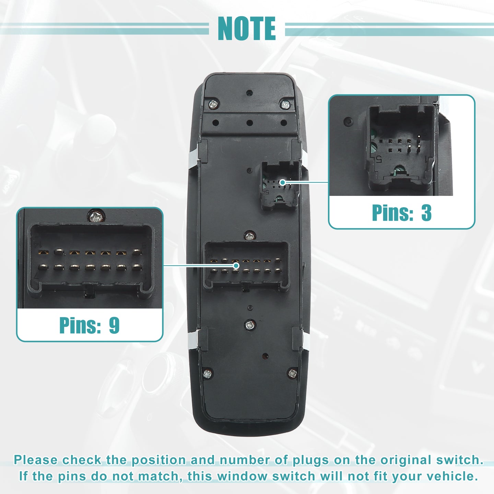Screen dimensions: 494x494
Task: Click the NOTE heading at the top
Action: pos(247,28)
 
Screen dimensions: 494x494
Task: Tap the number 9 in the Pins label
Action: pos(114,325)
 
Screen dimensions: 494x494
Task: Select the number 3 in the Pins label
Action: pos(426,212)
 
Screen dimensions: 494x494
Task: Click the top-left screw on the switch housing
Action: pos(213,104)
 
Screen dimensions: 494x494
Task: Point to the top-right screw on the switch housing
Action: pos(285,105)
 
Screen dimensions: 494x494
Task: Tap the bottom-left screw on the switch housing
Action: pos(207,374)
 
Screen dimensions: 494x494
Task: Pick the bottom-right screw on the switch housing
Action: pos(293,373)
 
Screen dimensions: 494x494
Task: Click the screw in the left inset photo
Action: pos(96,216)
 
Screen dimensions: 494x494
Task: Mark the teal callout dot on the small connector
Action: pos(282,182)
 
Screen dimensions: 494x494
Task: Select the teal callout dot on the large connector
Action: pos(236,266)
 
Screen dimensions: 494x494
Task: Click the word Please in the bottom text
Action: pos(36,460)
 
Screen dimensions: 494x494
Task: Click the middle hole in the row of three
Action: pos(249,123)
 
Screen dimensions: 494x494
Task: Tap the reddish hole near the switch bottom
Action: pos(266,356)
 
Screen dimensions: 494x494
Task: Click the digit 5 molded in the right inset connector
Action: pos(379,159)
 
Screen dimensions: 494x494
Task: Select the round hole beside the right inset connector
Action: pos(349,121)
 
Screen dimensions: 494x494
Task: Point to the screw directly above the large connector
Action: pos(250,236)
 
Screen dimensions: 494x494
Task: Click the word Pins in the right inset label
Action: pos(392,212)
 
